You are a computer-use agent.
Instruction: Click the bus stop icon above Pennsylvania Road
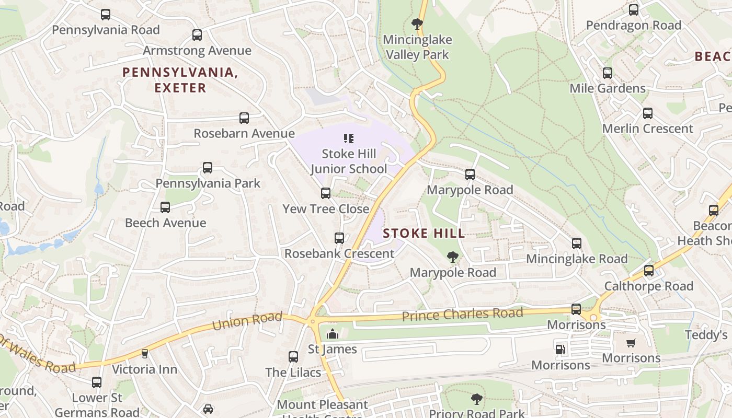(x=106, y=15)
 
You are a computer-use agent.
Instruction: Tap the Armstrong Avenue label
(x=197, y=51)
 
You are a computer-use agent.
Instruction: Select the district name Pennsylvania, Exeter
(x=180, y=80)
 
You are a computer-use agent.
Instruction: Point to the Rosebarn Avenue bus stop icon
(x=244, y=118)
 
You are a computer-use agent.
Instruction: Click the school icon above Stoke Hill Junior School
(x=349, y=138)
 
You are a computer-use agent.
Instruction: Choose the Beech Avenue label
(x=165, y=223)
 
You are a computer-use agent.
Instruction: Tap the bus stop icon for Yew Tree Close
(x=326, y=193)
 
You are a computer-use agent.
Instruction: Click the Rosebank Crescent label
(x=339, y=253)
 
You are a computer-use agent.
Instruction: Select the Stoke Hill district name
(x=424, y=234)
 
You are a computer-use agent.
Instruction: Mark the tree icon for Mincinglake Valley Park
(x=417, y=24)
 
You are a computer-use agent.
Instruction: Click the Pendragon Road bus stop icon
(x=634, y=10)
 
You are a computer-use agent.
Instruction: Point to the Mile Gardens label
(x=608, y=88)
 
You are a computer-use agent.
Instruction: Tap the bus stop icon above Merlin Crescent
(x=648, y=113)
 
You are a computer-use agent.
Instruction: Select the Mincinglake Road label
(x=577, y=259)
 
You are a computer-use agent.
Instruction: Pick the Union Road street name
(x=247, y=321)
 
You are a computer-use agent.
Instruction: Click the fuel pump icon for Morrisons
(x=560, y=349)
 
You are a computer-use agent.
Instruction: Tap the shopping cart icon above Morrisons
(x=631, y=343)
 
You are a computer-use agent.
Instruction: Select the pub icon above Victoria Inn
(x=145, y=354)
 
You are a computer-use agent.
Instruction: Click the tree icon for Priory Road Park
(x=476, y=399)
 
